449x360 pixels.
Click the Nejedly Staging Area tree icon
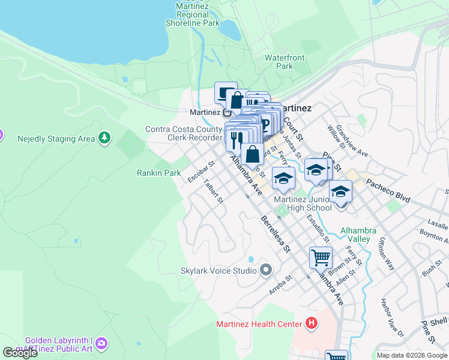click(x=105, y=139)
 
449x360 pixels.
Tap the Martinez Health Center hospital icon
click(x=312, y=325)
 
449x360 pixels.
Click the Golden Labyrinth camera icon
click(x=103, y=343)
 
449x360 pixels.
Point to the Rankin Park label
click(x=158, y=173)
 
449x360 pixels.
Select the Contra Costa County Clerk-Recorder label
click(x=184, y=133)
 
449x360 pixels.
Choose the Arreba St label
click(x=280, y=281)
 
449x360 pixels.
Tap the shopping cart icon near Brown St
click(x=321, y=257)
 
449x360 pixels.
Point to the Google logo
click(x=20, y=353)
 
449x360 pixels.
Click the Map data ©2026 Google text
click(x=411, y=355)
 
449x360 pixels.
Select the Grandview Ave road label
click(x=352, y=141)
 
